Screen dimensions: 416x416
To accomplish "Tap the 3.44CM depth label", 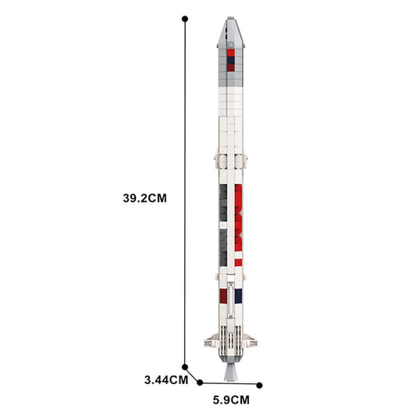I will pos(166,380).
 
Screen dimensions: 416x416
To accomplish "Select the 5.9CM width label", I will pos(230,400).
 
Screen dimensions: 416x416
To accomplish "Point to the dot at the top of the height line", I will pos(185,18).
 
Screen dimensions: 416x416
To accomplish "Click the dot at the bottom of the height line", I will pos(185,366).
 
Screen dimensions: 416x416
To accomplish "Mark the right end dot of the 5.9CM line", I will pos(260,385).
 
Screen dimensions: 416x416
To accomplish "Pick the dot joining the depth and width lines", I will pos(200,382).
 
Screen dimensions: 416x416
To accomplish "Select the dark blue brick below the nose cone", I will pos(232,56).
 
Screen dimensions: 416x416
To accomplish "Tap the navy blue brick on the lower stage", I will pos(239,295).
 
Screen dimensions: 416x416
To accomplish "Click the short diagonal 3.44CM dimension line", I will pos(192,374).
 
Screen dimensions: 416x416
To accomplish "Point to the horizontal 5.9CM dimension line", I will pos(230,384).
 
